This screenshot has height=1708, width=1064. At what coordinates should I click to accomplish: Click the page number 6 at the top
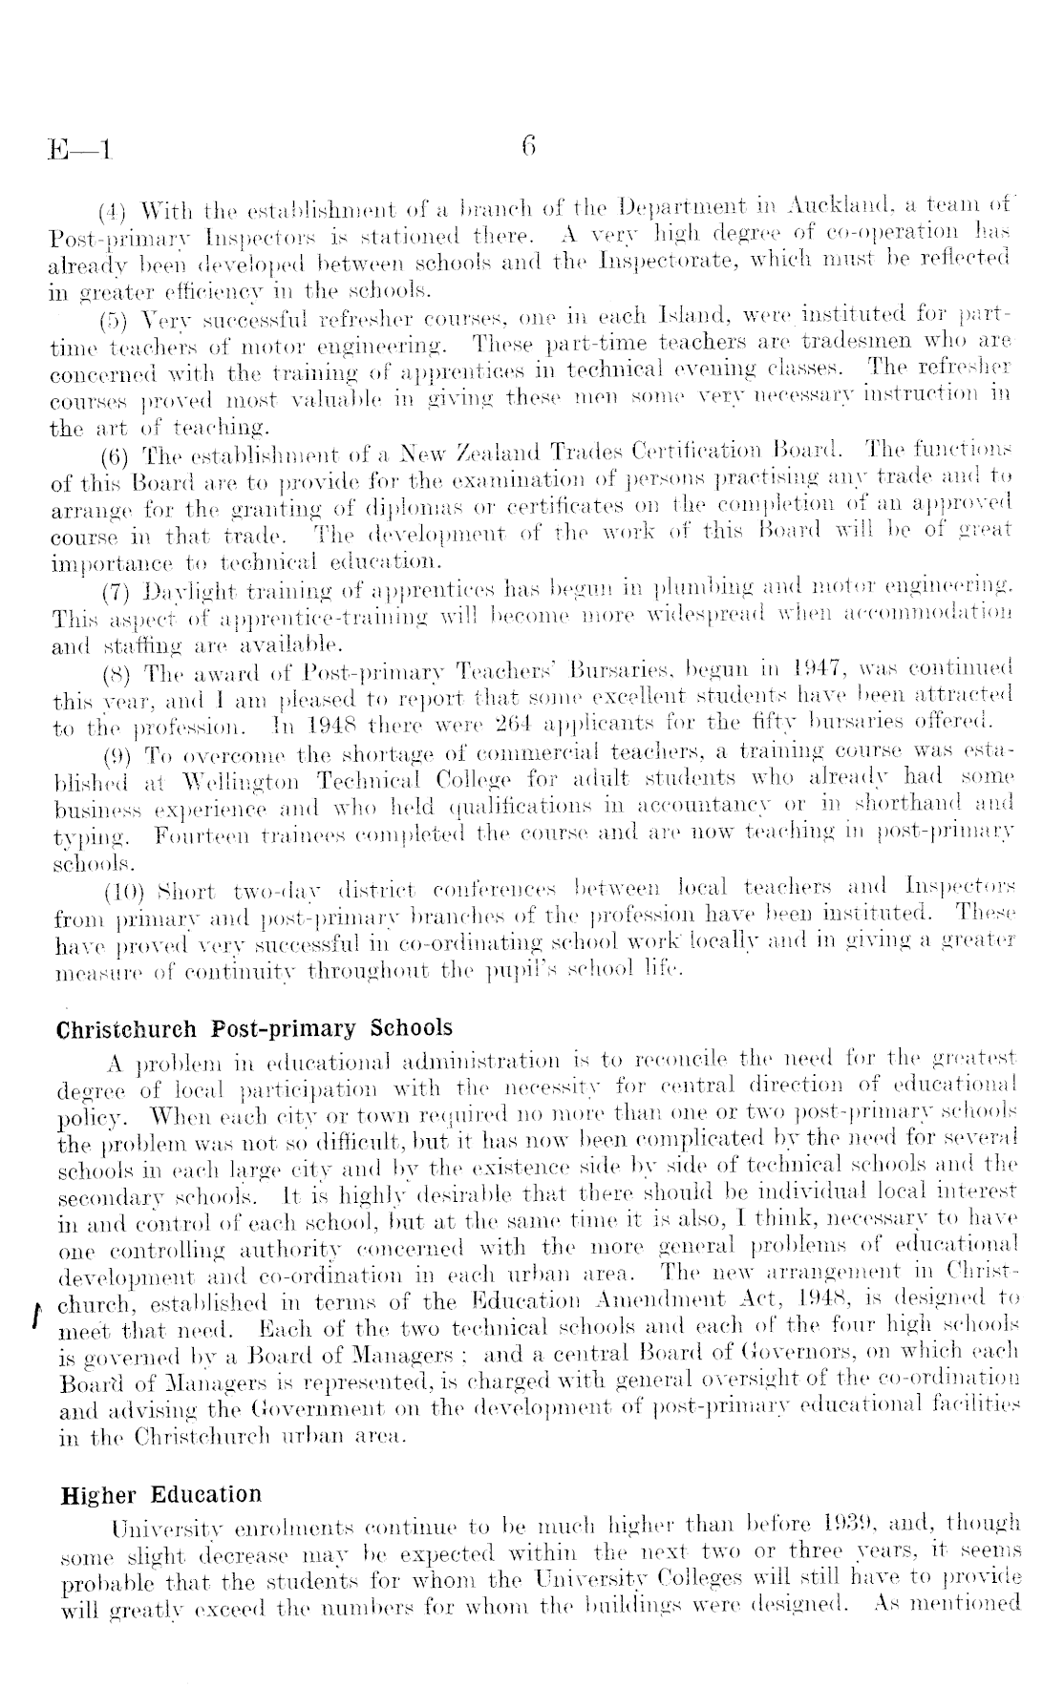pos(528,146)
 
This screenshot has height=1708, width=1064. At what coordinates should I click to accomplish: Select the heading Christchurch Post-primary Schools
pos(255,1028)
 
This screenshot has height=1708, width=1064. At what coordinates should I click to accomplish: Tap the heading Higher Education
pos(160,1494)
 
